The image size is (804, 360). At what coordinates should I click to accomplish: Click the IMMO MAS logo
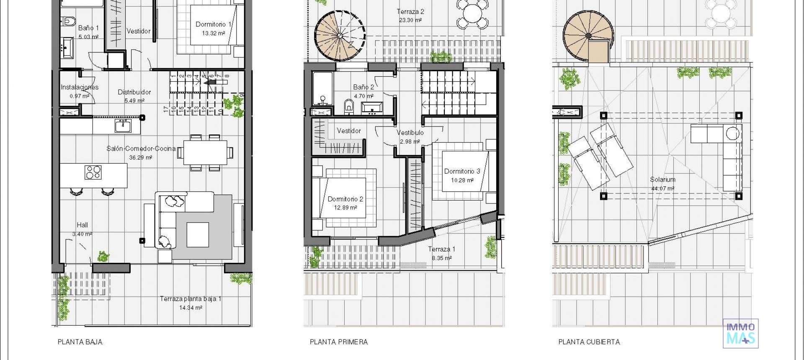coord(740,333)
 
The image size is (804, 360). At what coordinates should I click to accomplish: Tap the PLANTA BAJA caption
coord(80,342)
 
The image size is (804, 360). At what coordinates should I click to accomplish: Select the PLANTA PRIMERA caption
coord(339,342)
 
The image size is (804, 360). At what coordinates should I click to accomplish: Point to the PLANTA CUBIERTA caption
coord(589,342)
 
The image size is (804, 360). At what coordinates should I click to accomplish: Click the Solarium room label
coord(662,180)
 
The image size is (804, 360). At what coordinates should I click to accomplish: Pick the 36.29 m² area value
coord(140,158)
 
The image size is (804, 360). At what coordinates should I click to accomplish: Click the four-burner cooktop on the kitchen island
coord(93,172)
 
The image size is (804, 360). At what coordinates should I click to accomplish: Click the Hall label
coord(82,225)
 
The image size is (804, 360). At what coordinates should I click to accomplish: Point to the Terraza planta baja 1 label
coord(191,299)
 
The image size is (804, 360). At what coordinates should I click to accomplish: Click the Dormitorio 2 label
coord(345,199)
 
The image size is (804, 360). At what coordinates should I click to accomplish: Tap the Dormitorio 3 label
coord(462,171)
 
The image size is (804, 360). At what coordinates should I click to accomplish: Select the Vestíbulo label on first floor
coord(410,133)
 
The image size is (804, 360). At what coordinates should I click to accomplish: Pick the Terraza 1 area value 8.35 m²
coord(441,258)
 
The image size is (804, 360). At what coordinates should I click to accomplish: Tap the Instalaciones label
coord(80,87)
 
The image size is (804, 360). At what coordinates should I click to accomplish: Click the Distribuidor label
coord(134,92)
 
